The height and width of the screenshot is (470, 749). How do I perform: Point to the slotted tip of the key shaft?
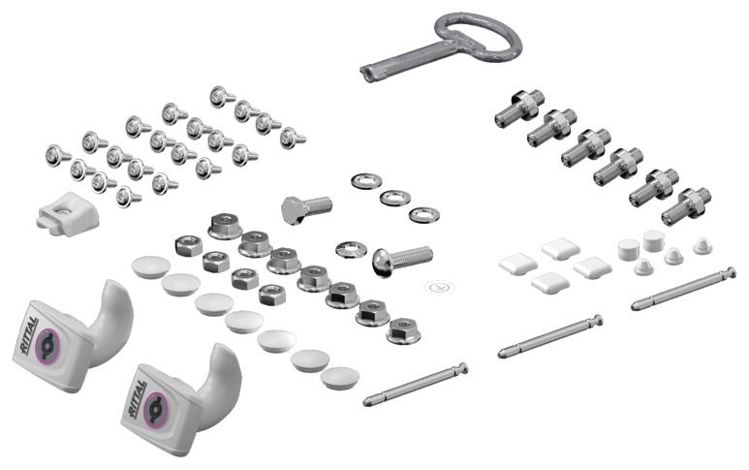(x=366, y=74)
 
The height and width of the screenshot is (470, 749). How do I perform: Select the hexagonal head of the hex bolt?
(x=292, y=210)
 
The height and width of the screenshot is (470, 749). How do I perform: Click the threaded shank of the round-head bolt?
(x=413, y=258)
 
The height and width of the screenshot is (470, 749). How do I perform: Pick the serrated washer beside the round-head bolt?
(x=351, y=250)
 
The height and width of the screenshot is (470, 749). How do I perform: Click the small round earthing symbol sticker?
(x=439, y=287)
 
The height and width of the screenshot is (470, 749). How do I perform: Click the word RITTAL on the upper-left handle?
(x=30, y=334)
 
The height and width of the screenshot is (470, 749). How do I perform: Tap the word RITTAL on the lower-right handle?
(x=138, y=399)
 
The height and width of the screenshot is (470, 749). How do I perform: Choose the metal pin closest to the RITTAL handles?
(x=416, y=384)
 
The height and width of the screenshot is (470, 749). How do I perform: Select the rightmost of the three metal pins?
(x=683, y=289)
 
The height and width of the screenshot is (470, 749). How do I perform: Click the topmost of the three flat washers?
(x=366, y=181)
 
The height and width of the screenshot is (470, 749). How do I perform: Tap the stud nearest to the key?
(x=519, y=109)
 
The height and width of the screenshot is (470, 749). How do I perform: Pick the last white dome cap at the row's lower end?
(x=340, y=378)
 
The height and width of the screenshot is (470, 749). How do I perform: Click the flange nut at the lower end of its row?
(x=404, y=330)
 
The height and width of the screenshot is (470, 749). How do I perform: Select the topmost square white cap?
(x=561, y=248)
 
